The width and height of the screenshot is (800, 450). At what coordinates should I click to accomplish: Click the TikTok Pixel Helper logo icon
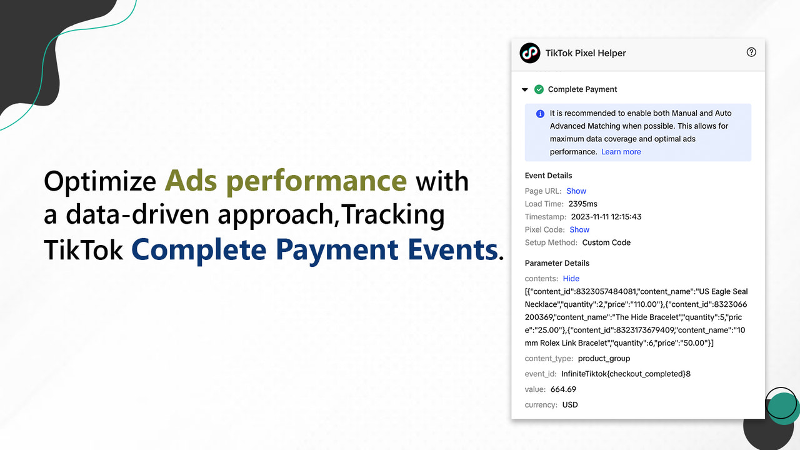530,53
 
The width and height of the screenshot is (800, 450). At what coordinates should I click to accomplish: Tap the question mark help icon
751,52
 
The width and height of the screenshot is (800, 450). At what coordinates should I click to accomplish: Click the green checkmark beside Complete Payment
539,89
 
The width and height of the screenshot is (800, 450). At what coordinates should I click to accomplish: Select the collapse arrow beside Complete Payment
525,90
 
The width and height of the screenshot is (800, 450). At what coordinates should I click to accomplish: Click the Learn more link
621,152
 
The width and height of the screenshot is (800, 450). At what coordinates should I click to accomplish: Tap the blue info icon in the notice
540,114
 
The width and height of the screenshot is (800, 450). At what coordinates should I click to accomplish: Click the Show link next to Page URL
576,191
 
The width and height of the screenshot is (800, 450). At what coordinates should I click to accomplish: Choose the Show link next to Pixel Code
579,230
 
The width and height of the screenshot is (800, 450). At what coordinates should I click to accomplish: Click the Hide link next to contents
571,279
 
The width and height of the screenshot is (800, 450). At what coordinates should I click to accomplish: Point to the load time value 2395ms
582,204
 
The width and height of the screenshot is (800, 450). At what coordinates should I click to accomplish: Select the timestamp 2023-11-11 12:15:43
606,217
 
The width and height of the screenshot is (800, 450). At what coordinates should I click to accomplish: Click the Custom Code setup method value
606,242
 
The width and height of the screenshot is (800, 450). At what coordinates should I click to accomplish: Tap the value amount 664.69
563,389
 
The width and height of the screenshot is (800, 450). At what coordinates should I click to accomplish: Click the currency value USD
570,405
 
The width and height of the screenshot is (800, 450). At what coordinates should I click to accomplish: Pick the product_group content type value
604,359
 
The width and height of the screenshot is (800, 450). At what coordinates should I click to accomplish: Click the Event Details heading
548,176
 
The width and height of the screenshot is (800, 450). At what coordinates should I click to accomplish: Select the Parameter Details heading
557,263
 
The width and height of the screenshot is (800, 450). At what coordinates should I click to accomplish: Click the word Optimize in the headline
100,182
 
